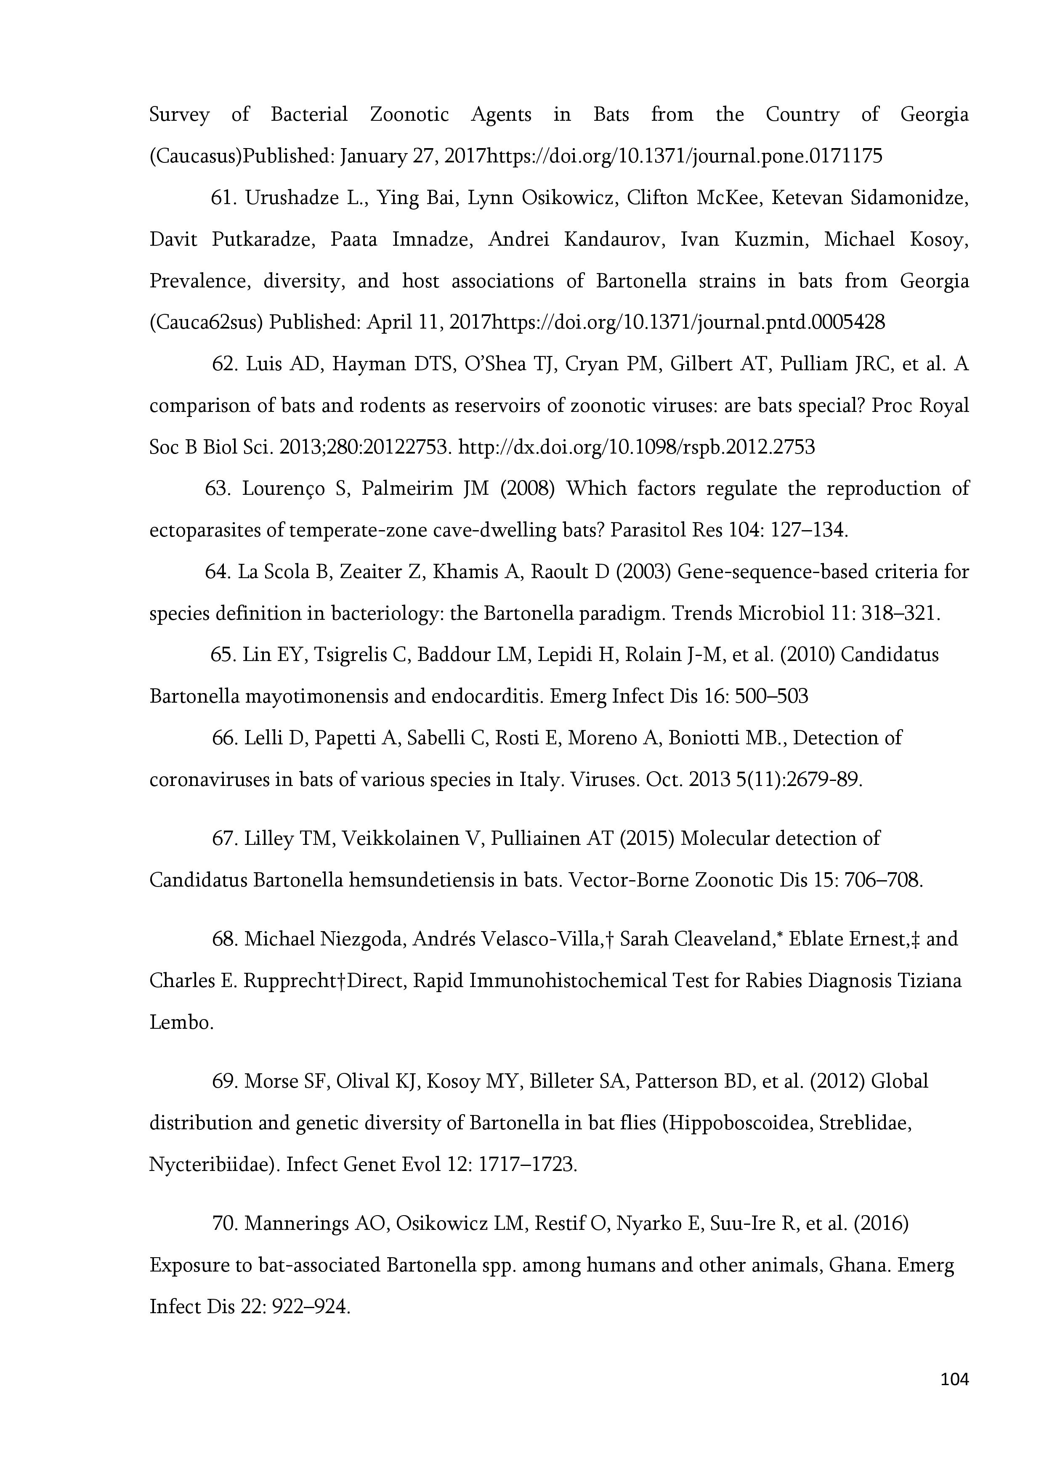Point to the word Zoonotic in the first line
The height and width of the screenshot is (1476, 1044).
[409, 115]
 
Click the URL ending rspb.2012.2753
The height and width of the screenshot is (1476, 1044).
[636, 447]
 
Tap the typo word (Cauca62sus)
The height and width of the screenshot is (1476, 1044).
[206, 322]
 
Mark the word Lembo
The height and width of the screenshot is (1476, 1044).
[181, 1023]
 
